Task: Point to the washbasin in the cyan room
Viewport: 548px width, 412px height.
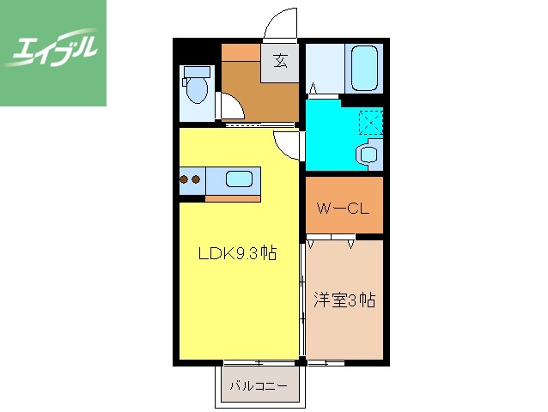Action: click(369, 154)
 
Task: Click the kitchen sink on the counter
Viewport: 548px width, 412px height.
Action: click(239, 179)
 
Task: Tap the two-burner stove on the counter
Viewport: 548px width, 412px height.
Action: click(192, 180)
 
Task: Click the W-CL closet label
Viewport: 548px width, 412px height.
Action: click(343, 207)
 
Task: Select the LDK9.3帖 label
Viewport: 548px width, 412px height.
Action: click(236, 253)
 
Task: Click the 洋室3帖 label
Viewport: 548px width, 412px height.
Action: click(344, 300)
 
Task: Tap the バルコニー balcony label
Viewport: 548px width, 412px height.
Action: click(258, 385)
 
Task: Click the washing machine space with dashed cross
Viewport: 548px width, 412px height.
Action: click(371, 123)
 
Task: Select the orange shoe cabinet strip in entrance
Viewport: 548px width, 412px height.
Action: click(240, 50)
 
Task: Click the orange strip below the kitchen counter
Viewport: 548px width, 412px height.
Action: click(233, 197)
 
